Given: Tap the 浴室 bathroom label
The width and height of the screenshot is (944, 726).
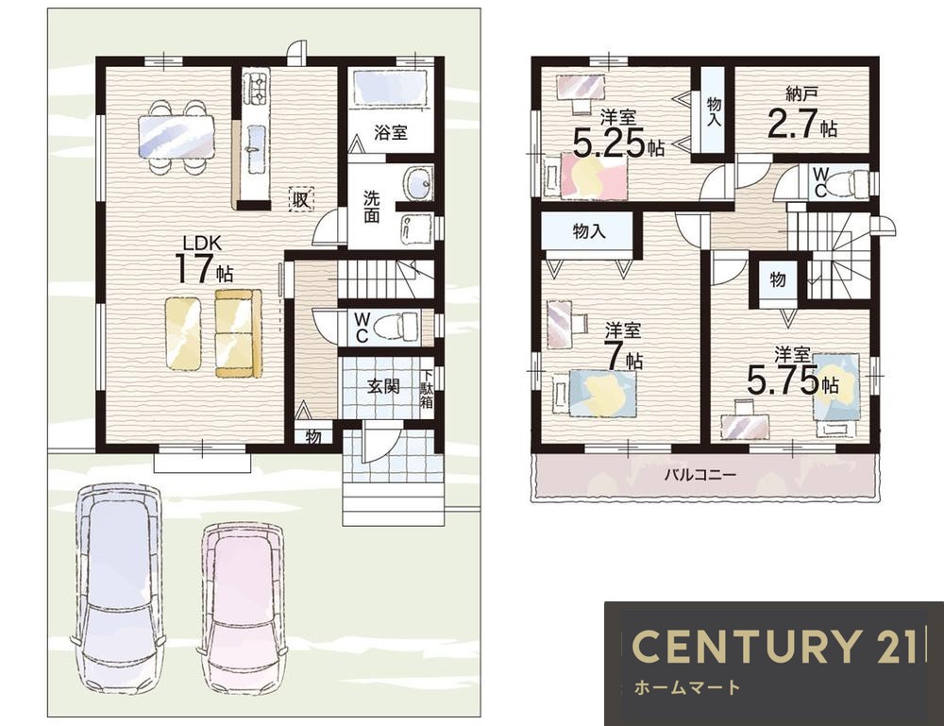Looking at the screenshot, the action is click(390, 132).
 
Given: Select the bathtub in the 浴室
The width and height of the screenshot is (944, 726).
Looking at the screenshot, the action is click(390, 88).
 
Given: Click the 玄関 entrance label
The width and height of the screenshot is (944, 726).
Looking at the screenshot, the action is click(383, 386).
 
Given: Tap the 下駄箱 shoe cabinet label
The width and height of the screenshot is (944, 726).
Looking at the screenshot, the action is click(427, 390).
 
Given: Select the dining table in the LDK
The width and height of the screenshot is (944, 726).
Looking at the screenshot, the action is click(176, 137).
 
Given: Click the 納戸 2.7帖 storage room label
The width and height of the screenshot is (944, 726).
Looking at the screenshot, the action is click(801, 114).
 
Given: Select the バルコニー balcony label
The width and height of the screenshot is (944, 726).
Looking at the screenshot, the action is click(700, 475).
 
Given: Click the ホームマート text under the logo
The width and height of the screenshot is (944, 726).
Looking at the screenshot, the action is click(687, 687).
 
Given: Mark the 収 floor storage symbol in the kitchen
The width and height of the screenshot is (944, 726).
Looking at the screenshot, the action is click(302, 199).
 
